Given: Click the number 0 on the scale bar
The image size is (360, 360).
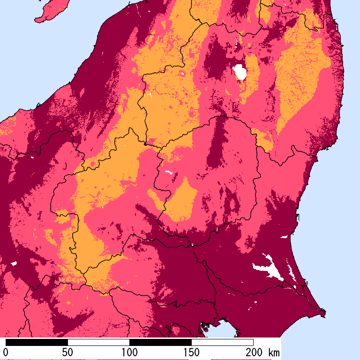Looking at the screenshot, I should [x=6, y=352].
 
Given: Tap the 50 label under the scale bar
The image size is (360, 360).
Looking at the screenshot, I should [x=67, y=352].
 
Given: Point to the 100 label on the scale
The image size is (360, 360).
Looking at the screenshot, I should [x=129, y=352].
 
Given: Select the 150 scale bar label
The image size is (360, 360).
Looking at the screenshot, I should [x=191, y=352].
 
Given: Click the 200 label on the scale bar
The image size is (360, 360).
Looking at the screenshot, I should [x=253, y=352].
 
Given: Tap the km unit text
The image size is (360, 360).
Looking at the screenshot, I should [x=274, y=352].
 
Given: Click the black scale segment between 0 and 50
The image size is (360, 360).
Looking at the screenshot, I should [x=37, y=342].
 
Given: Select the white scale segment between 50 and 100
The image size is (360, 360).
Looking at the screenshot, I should [x=98, y=342].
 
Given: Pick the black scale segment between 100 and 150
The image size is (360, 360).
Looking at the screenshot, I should [x=160, y=342].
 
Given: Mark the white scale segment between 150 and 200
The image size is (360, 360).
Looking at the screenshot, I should [x=222, y=342].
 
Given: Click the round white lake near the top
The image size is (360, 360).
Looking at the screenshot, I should [x=240, y=72].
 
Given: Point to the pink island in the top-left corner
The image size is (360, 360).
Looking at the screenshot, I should [x=49, y=12].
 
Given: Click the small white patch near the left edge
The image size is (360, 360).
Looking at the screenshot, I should [x=14, y=263].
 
